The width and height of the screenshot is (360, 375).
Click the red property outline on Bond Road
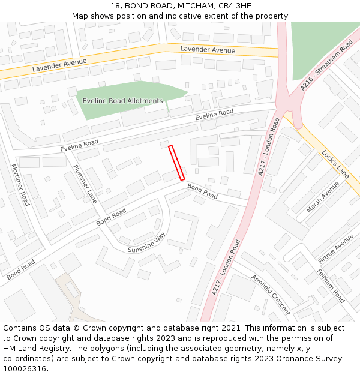176,163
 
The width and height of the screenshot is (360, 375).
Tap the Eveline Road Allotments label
122,101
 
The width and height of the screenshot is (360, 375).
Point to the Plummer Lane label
85,184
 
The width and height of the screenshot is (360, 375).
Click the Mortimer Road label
20,185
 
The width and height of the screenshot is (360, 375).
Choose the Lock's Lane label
335,164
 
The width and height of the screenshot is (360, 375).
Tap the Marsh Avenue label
323,197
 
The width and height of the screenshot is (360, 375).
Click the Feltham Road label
331,287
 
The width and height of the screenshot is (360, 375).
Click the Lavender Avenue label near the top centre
208,50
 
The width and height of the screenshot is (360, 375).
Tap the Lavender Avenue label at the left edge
59,65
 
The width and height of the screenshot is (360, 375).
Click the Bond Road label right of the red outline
202,191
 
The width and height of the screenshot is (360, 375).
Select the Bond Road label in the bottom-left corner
21,269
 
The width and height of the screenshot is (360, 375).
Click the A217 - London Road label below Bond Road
226,267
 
